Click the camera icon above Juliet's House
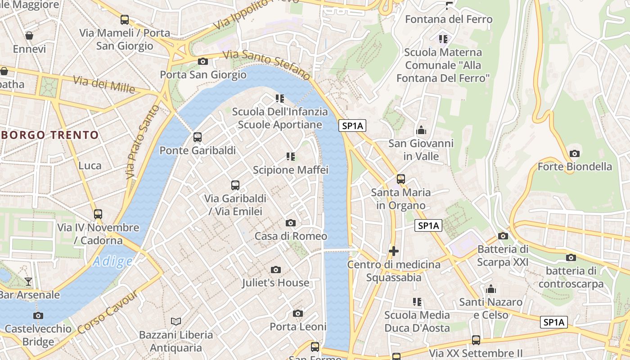pos(276,270)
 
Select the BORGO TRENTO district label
pos(49,135)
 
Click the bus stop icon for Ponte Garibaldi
pos(197,137)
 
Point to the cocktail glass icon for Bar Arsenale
pos(28,282)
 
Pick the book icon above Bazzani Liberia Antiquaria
pos(176,321)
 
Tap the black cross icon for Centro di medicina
pos(394,251)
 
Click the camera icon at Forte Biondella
pos(574,153)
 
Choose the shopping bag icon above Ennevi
pos(29,36)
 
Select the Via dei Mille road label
pos(104,84)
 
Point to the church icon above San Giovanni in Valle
pos(421,130)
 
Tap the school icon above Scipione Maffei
pos(291,157)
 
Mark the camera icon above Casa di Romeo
pos(291,223)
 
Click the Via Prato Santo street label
pos(143,142)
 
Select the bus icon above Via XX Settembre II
pos(476,340)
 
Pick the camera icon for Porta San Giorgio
pos(203,61)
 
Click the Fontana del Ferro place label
pos(449,19)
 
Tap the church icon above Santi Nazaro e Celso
pos(490,288)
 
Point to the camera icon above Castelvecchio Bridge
pos(38,315)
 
